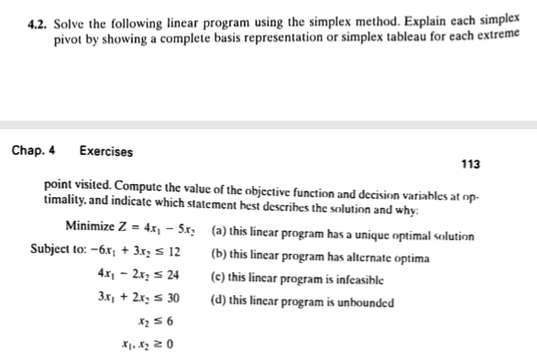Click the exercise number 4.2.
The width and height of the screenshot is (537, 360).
point(38,14)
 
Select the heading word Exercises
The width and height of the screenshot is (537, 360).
point(106,151)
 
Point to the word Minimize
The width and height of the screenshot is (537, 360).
point(91,226)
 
